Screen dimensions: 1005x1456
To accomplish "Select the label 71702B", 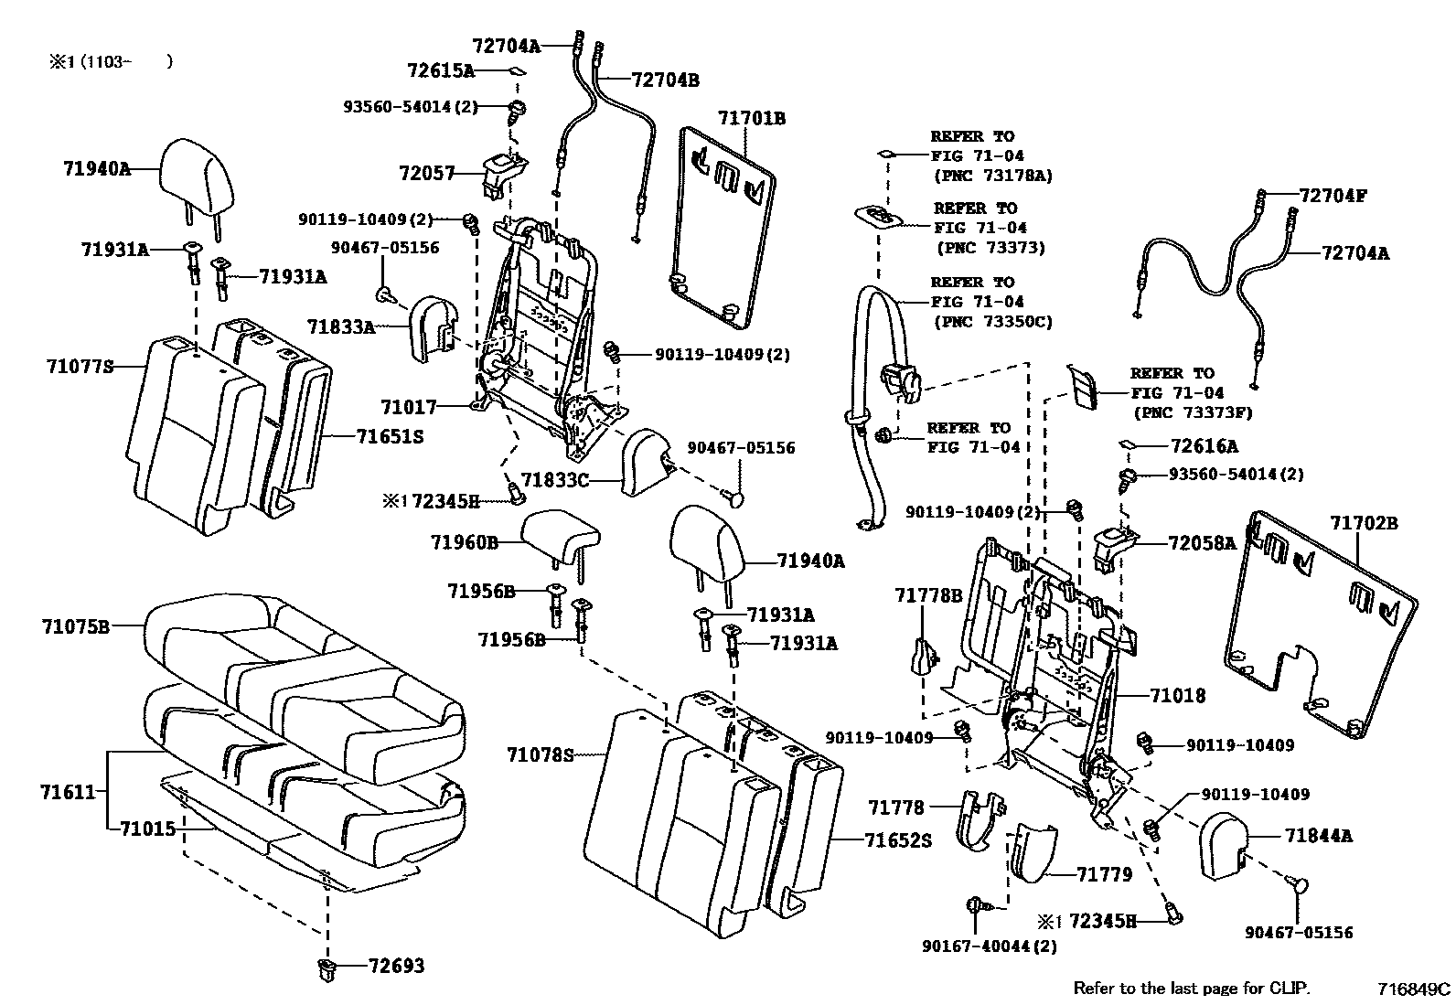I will tap(1364, 524).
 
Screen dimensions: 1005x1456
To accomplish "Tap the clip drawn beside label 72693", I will tap(327, 969).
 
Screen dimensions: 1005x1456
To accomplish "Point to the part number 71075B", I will tap(75, 626).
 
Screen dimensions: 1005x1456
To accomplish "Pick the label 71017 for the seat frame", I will tap(409, 407).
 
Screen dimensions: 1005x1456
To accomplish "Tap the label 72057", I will tap(426, 173).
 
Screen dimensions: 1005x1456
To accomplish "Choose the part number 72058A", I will tap(1202, 543).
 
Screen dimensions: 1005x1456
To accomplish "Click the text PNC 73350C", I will tap(993, 321).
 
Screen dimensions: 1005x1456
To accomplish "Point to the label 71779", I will tap(1104, 875).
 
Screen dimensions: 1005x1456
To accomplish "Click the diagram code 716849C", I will tap(1414, 989).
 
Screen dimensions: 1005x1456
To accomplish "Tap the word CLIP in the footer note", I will tap(1289, 989).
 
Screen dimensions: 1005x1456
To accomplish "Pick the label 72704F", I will tap(1333, 195).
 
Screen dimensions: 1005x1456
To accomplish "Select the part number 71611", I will tap(68, 791).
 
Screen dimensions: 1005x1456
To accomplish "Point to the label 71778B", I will tap(927, 596).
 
